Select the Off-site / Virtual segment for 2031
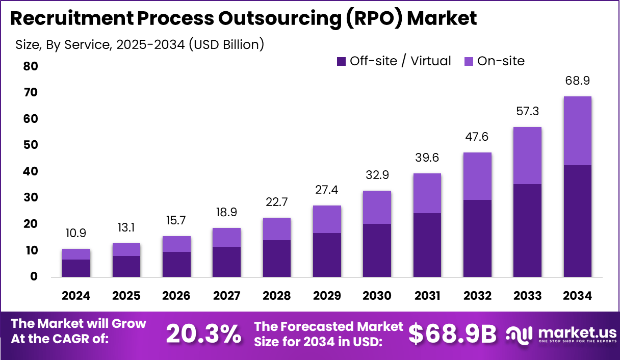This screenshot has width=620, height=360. [427, 245]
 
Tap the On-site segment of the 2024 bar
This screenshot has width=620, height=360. [76, 254]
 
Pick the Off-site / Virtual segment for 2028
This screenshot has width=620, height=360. [277, 259]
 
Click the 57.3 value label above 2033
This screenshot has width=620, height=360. [527, 111]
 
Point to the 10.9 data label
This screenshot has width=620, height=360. [76, 233]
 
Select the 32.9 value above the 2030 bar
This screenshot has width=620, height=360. [377, 175]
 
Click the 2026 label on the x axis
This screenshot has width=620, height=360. [176, 296]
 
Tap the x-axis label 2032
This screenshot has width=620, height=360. [477, 296]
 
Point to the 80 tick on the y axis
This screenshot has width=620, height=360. [30, 66]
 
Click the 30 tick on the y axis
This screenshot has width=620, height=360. [30, 197]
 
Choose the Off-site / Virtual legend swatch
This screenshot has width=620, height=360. [341, 61]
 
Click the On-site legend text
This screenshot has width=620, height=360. [501, 61]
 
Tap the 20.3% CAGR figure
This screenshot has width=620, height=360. [204, 334]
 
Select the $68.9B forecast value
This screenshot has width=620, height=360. [452, 334]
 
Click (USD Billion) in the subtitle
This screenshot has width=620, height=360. [226, 44]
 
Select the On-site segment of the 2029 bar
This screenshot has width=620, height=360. [327, 219]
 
